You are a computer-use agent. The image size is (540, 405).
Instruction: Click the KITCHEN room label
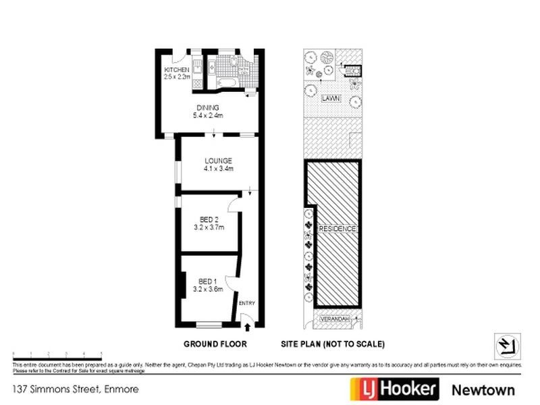tap(176, 70)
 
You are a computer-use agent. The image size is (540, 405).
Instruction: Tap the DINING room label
tap(208, 107)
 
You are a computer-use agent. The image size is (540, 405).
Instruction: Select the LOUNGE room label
tap(219, 161)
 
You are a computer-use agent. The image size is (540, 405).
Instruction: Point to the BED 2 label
tap(209, 219)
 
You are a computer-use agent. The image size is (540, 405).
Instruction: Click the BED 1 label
tap(207, 281)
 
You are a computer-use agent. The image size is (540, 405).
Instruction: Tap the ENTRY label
tap(247, 304)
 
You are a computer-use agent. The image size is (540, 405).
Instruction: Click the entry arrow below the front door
tap(247, 327)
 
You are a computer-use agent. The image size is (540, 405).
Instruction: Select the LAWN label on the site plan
tap(331, 99)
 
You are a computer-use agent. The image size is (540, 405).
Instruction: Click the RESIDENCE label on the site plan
tap(337, 229)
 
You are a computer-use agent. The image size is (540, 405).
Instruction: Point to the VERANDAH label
tap(333, 317)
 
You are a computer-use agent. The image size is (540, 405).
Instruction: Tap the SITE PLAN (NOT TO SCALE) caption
tap(333, 344)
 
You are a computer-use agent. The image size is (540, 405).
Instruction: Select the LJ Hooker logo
tap(394, 389)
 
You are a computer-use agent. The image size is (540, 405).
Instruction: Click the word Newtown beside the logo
tap(483, 390)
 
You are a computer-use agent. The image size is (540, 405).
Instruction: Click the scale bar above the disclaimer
tap(57, 354)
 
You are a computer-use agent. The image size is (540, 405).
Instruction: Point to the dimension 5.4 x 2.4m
tap(208, 115)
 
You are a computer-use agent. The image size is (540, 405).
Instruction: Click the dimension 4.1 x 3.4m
tap(219, 169)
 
